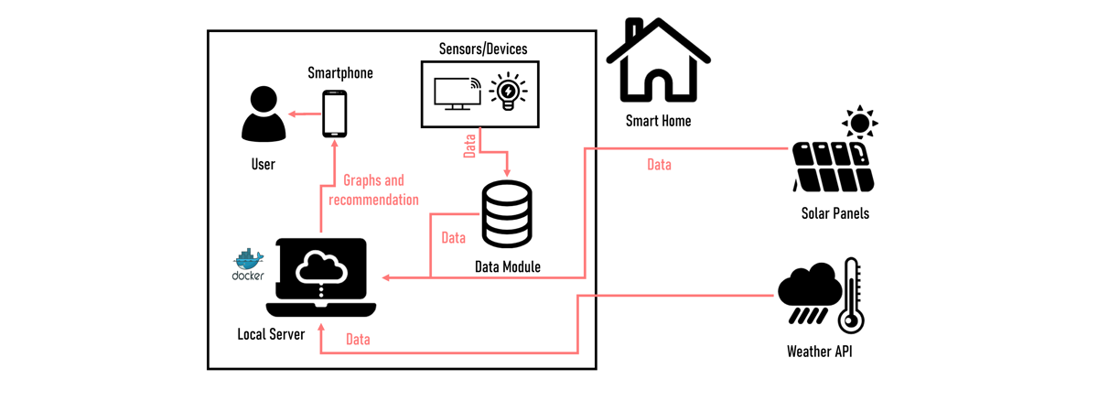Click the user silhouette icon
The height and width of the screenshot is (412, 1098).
pos(264,114)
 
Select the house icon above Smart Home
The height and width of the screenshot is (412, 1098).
pos(658,61)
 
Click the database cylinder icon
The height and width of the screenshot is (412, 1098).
pos(507,215)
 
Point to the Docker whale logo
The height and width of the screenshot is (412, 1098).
pos(248,261)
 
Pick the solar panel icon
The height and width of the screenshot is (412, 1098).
pos(833,167)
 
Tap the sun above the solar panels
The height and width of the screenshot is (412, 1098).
pos(860,122)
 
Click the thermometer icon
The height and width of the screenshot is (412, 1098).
pos(852,295)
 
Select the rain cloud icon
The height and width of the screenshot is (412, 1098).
pos(809,293)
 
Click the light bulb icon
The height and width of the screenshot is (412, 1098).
pos(508,92)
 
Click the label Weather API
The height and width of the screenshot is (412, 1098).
pos(819,351)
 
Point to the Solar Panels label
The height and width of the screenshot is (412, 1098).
pos(834,213)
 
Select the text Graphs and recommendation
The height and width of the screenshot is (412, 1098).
pos(373,190)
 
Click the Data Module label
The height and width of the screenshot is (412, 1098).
pos(508,267)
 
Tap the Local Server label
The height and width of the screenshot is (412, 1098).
pos(271,334)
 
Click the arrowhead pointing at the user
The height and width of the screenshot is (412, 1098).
pos(292,114)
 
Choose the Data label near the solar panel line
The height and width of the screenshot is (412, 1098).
pos(659,165)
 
